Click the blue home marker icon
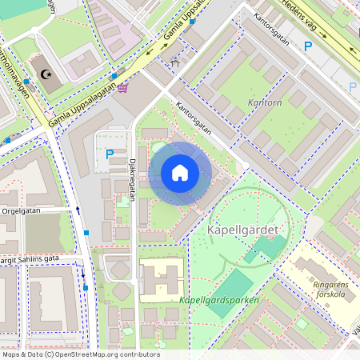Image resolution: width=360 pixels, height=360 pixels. pos(180,173)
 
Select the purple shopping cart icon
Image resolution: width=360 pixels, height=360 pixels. pos(122,87)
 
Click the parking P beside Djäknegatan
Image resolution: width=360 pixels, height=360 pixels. pos(110,154)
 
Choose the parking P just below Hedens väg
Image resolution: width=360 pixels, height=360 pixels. pos(308,46)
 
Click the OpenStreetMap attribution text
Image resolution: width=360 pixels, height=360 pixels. pos(81,354)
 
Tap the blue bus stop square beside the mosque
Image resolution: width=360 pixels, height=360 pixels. pos(26,82)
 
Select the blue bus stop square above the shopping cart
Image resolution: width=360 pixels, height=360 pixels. pos(114,76)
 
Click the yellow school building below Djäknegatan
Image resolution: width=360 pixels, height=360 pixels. pos(162,279)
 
